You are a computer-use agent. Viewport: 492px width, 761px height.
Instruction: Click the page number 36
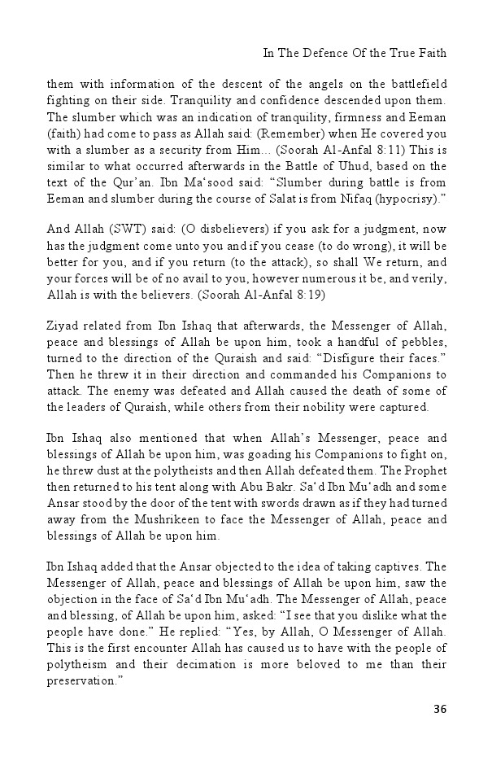[440, 709]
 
